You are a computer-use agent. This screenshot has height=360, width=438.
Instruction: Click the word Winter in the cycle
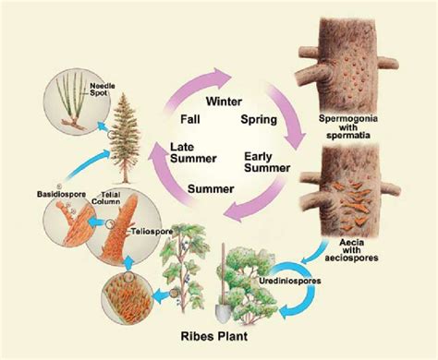tap(224, 101)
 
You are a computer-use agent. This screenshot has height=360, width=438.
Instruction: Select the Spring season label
tap(259, 120)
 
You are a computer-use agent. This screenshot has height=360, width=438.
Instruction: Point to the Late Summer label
tap(194, 154)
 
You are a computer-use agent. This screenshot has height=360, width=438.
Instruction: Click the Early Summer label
tap(262, 162)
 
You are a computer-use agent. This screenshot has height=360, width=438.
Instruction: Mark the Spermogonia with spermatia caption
tap(369, 129)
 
